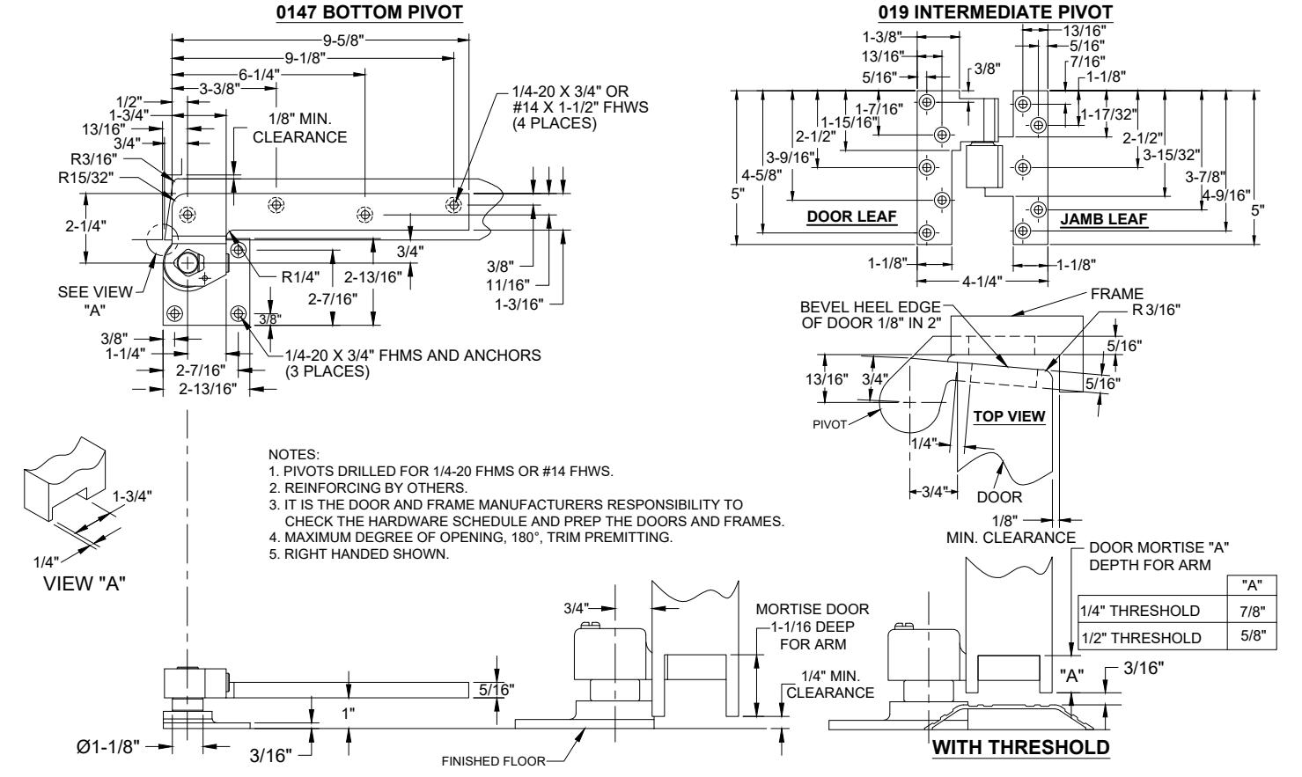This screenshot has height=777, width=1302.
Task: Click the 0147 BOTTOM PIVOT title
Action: pos(369,12)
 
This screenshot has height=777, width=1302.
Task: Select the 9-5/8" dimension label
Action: pos(343,40)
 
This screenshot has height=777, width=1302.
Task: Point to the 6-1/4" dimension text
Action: pos(259,75)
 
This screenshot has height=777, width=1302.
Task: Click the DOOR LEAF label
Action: pos(851,216)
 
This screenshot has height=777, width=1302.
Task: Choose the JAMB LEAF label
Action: pos(1104,219)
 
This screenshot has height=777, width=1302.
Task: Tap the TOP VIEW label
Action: pos(1009,416)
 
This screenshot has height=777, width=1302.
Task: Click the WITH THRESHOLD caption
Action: pos(1020,747)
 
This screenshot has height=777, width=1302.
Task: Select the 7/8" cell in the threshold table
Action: pos(1252,611)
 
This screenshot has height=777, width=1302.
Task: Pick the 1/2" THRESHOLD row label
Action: pos(1140,637)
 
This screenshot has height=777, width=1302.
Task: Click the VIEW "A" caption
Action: pos(85,583)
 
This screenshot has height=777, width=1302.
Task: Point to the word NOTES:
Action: pos(293,454)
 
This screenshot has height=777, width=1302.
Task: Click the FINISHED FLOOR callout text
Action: pos(494,761)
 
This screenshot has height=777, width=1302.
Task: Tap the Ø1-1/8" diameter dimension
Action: pos(108,747)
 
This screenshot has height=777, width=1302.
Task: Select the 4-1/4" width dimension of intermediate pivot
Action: pos(982,282)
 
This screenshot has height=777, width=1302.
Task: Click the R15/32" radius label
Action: pos(86,177)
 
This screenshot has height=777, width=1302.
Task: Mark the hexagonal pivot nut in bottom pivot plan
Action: pos(188,263)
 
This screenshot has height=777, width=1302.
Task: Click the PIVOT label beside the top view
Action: pos(829,424)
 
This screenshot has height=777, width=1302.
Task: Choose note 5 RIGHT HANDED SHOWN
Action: pos(359,553)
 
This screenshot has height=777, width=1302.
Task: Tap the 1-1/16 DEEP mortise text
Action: pos(813,627)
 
